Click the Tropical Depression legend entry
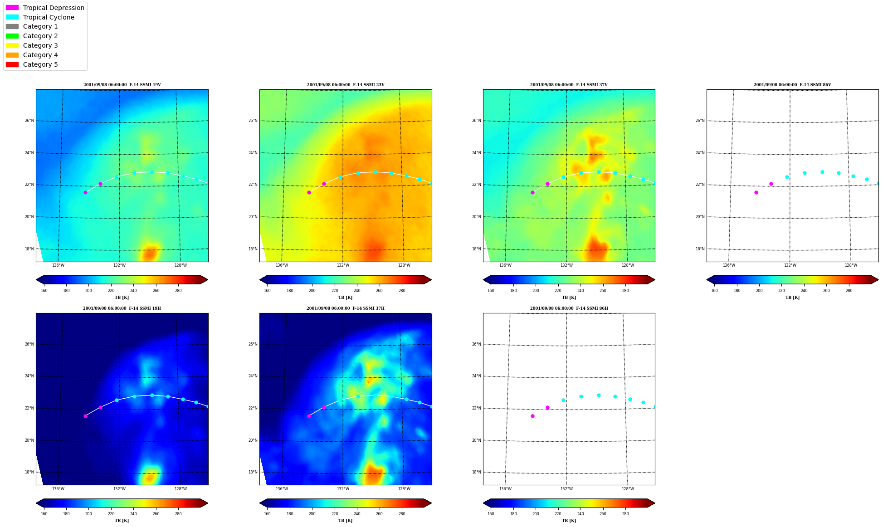(x=45, y=8)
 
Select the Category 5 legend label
(x=40, y=64)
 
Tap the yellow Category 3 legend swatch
(x=12, y=45)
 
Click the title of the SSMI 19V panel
(x=122, y=85)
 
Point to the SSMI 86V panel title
(x=792, y=85)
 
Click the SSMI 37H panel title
(x=345, y=308)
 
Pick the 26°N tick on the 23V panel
(x=253, y=121)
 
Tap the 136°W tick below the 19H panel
(x=58, y=488)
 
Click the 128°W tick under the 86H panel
(x=628, y=488)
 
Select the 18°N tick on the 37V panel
(x=476, y=249)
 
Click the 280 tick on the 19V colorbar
(x=178, y=291)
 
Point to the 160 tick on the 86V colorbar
(x=714, y=291)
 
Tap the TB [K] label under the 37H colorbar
(x=345, y=521)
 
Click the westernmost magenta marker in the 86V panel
(x=756, y=192)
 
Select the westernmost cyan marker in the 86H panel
(x=563, y=400)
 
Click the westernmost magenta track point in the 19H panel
(x=85, y=416)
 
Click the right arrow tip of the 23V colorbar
(x=431, y=280)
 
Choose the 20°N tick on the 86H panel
(x=476, y=440)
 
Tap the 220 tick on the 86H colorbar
(x=558, y=514)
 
